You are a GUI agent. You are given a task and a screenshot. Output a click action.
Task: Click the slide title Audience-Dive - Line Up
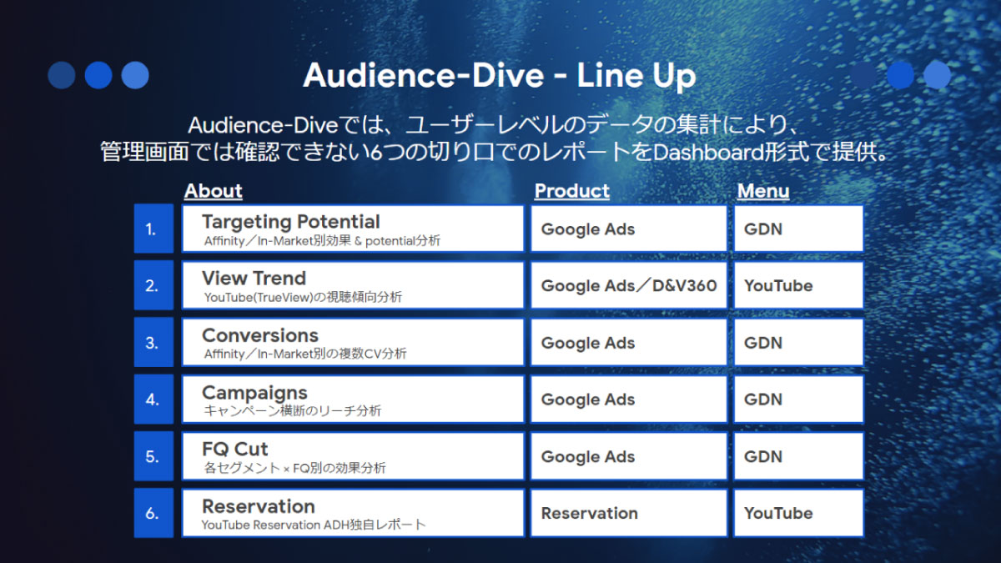click(x=499, y=76)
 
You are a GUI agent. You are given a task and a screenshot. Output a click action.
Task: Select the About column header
click(x=214, y=191)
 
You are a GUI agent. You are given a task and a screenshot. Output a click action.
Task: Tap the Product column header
click(x=572, y=191)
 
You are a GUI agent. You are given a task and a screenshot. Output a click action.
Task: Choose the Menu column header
click(x=763, y=191)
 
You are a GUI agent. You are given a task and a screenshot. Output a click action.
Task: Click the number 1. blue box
click(x=153, y=229)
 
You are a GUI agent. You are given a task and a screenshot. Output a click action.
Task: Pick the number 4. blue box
click(x=153, y=399)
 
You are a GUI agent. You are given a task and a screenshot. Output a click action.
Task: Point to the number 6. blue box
click(x=153, y=512)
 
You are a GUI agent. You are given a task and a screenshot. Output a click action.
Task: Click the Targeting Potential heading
click(x=291, y=222)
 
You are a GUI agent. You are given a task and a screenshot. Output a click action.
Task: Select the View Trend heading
click(x=254, y=279)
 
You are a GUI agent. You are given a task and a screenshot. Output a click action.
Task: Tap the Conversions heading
click(x=260, y=335)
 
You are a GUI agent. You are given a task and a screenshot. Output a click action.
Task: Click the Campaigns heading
click(x=254, y=393)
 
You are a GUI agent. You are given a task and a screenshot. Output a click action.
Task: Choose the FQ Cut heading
click(x=235, y=449)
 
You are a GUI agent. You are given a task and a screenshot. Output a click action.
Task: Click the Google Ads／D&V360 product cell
click(x=629, y=285)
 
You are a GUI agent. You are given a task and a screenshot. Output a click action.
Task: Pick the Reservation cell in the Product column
click(x=629, y=513)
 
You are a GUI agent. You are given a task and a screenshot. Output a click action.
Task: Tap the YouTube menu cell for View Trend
click(x=798, y=285)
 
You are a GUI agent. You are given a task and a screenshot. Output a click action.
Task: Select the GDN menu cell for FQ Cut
click(x=798, y=456)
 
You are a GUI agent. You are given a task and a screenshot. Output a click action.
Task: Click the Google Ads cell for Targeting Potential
click(x=629, y=229)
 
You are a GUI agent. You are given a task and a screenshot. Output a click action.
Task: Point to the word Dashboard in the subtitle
click(x=708, y=153)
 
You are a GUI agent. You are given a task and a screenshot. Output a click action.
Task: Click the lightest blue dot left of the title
click(x=135, y=75)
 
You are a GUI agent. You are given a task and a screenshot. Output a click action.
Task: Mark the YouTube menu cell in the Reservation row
click(x=798, y=513)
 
